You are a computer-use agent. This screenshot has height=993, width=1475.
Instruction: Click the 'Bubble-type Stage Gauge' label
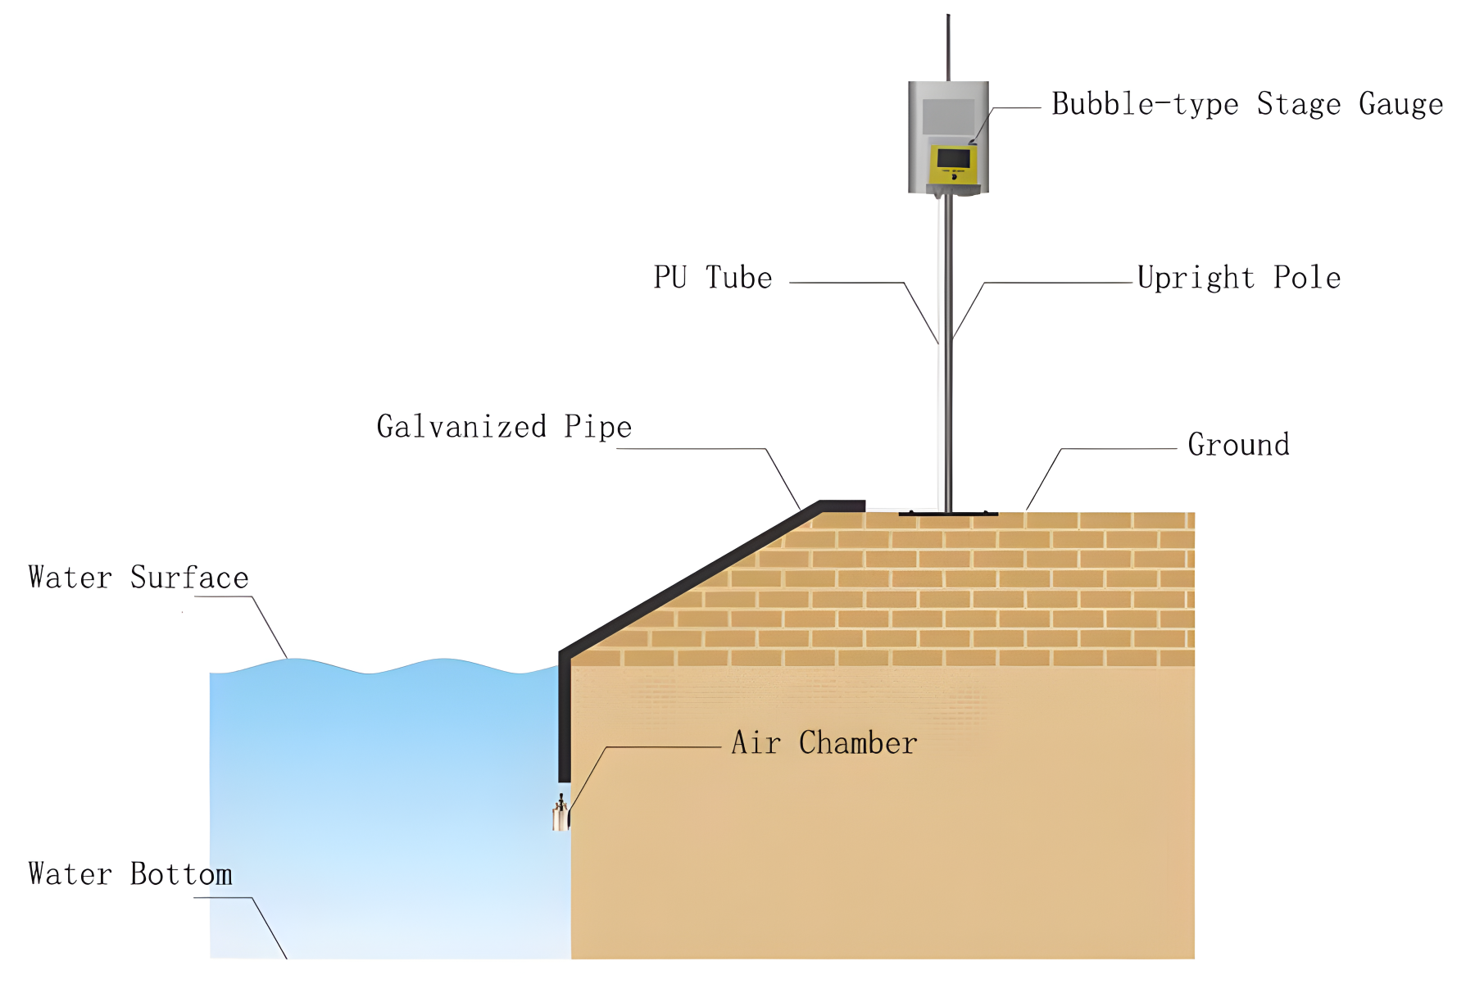[1246, 105]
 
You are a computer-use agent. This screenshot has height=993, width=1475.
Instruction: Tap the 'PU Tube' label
[712, 278]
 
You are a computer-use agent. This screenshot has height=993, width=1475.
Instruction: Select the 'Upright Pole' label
[1238, 279]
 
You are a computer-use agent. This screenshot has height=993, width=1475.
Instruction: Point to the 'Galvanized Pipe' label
[504, 427]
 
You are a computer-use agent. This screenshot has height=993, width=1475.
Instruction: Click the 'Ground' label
[1238, 445]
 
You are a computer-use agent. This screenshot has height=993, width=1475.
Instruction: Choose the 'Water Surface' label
[138, 578]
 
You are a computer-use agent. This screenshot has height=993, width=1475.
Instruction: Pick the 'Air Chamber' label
[824, 743]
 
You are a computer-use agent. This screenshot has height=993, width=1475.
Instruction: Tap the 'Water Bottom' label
[129, 874]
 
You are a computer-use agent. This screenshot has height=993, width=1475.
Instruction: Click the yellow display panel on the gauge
[953, 164]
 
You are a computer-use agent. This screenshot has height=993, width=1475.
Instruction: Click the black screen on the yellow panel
[953, 157]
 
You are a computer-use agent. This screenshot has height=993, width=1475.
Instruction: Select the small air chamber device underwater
[560, 814]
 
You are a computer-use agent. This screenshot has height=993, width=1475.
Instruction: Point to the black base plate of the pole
[948, 514]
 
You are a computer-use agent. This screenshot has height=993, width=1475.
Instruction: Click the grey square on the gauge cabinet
[948, 116]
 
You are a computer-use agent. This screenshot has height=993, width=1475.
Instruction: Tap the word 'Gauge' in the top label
[1400, 105]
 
